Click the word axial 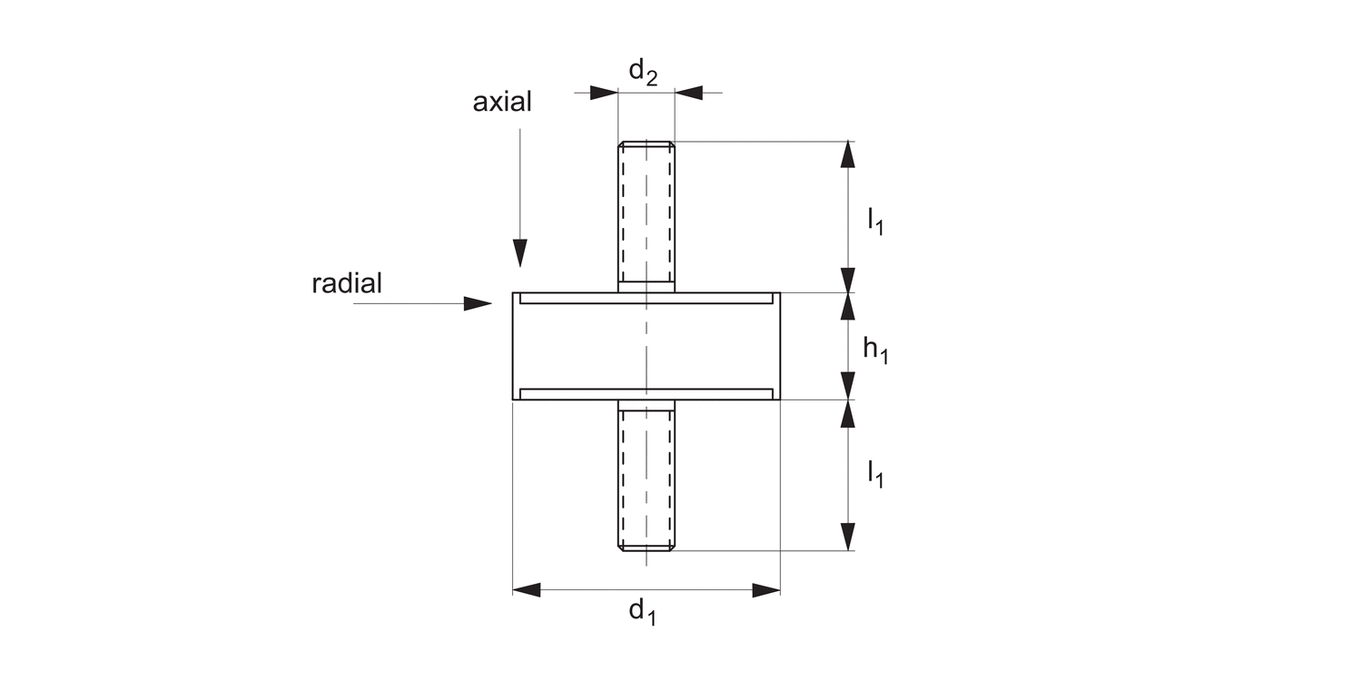(x=502, y=102)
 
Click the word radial (x=347, y=283)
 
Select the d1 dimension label (x=642, y=611)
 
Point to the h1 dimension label (x=875, y=350)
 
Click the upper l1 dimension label (x=875, y=221)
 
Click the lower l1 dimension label (x=875, y=473)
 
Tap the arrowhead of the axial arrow (x=519, y=253)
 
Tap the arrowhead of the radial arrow (x=478, y=303)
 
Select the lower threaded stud (x=646, y=477)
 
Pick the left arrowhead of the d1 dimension (x=527, y=590)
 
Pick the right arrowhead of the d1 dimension (x=766, y=590)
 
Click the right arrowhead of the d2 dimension (x=688, y=93)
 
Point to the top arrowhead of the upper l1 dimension (x=848, y=154)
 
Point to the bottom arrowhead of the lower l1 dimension (x=848, y=537)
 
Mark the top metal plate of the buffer (x=646, y=298)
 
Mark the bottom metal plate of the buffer (x=646, y=394)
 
